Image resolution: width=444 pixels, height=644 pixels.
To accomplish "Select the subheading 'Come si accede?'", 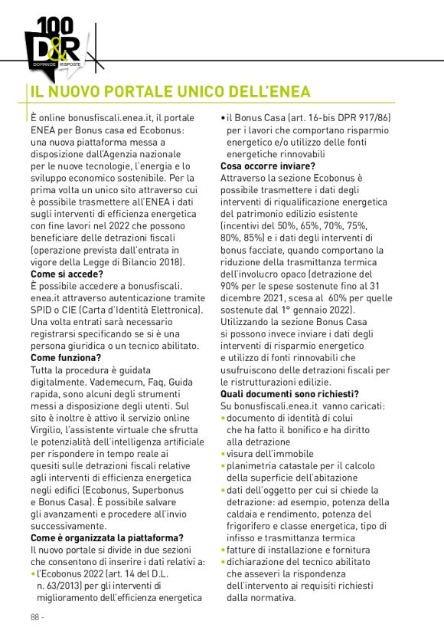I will pyautogui.click(x=66, y=274).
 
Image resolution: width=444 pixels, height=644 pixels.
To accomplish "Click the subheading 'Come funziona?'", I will pyautogui.click(x=65, y=357).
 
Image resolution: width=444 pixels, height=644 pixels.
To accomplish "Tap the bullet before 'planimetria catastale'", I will pyautogui.click(x=223, y=465).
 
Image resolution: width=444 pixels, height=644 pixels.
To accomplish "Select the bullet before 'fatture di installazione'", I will pyautogui.click(x=223, y=550).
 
